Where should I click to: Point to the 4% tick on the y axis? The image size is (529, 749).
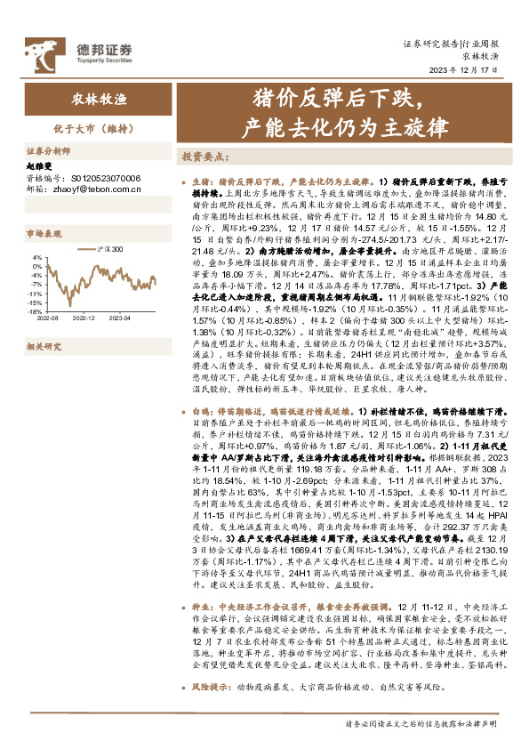[x=38, y=258]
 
